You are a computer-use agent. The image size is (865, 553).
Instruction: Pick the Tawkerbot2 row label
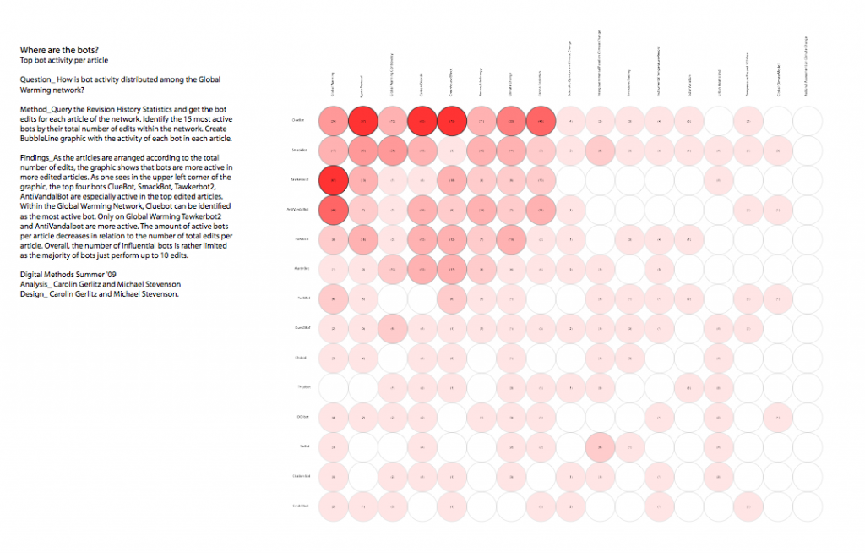coord(296,180)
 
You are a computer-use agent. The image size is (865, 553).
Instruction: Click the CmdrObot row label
coord(296,506)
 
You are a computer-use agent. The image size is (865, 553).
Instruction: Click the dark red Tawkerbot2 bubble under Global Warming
coord(334,180)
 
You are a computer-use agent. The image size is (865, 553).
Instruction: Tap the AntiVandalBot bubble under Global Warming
coord(334,210)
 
